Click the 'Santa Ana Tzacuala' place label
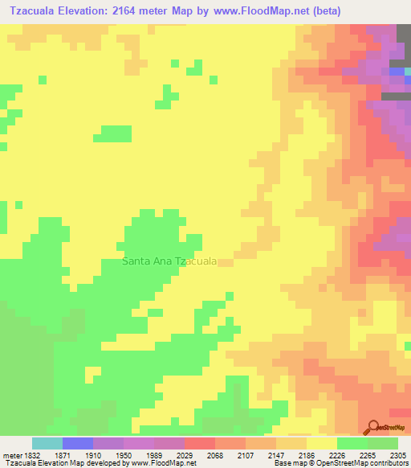[x=169, y=261]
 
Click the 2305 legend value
[x=399, y=455]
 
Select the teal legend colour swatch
[x=47, y=443]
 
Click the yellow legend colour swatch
[x=322, y=443]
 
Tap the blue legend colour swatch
[x=78, y=443]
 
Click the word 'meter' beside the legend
[x=12, y=455]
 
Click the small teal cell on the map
[x=408, y=72]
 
